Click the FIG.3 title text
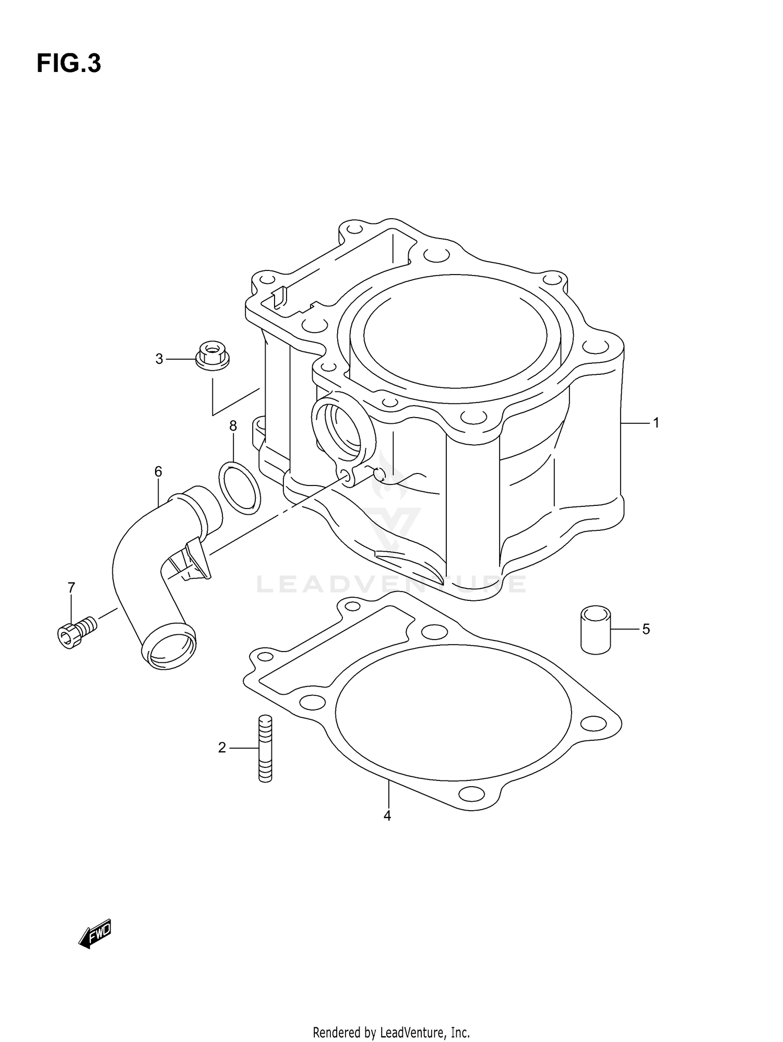pyautogui.click(x=68, y=64)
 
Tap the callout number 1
pyautogui.click(x=656, y=423)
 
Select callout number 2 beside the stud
pyautogui.click(x=222, y=748)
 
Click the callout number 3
pyautogui.click(x=159, y=359)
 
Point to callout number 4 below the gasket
pyautogui.click(x=387, y=815)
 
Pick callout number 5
pyautogui.click(x=646, y=629)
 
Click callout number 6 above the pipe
pyautogui.click(x=158, y=471)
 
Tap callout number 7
pyautogui.click(x=72, y=588)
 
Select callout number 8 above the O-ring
pyautogui.click(x=233, y=426)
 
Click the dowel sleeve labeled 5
pyautogui.click(x=596, y=630)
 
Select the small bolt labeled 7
pyautogui.click(x=76, y=630)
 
